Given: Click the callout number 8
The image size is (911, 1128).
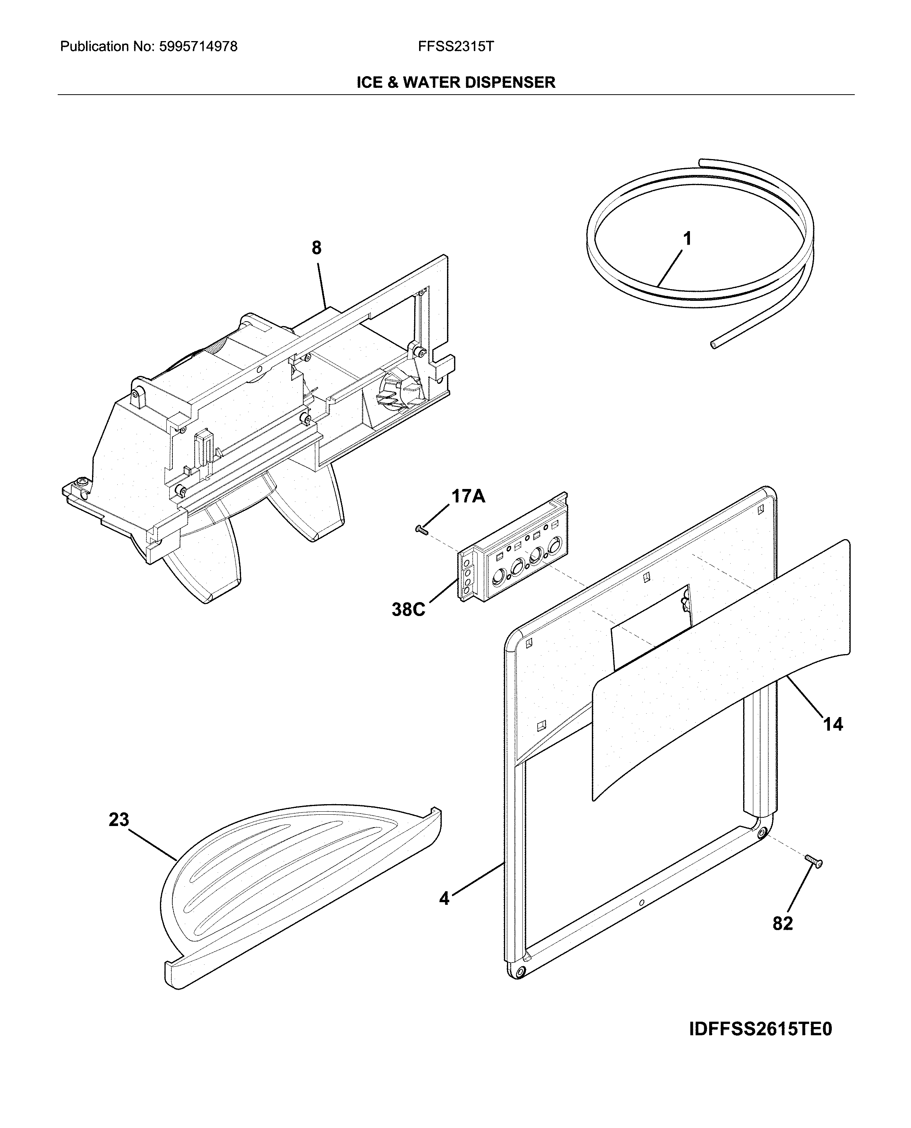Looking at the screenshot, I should click(316, 248).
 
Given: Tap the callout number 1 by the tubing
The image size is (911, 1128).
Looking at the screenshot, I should click(687, 239).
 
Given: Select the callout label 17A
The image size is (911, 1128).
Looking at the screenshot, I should click(468, 495).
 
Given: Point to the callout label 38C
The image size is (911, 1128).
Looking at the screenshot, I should click(408, 609).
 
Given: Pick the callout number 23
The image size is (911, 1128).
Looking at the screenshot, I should click(119, 820).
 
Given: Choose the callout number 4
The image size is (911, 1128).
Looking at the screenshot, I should click(444, 898).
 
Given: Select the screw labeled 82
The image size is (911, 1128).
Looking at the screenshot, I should click(813, 861).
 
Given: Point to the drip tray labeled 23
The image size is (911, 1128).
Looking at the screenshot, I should click(294, 886).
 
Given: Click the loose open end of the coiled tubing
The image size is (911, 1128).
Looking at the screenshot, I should click(713, 345).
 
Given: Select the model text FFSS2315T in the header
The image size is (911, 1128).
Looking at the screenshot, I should click(456, 47).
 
